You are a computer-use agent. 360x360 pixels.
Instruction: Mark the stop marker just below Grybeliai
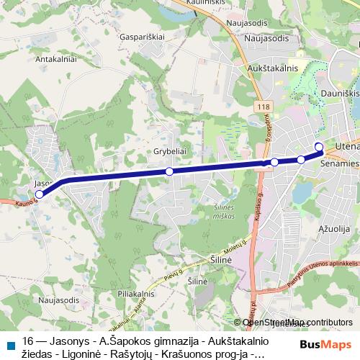click(x=169, y=171)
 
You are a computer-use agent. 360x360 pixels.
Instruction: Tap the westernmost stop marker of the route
click(x=40, y=194)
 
